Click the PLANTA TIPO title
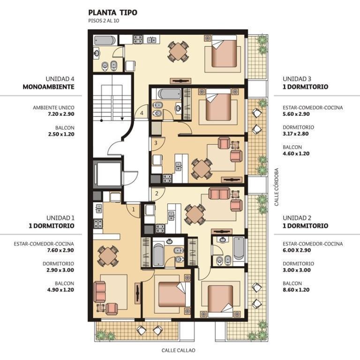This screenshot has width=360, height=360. (112, 12)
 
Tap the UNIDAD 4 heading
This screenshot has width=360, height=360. (60, 79)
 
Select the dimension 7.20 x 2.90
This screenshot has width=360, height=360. (61, 114)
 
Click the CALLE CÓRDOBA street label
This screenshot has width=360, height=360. (277, 187)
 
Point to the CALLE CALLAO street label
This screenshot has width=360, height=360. (179, 350)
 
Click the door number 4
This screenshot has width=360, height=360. (142, 113)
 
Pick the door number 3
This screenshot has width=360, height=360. (156, 143)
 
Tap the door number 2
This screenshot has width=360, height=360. (157, 193)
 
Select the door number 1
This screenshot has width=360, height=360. (134, 210)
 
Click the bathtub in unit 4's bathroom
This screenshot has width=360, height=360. (105, 40)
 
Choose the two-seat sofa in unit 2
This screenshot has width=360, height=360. (219, 193)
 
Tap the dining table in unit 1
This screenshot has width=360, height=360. (108, 256)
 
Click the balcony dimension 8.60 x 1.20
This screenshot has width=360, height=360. (296, 290)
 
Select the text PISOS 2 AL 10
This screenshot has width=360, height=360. (104, 21)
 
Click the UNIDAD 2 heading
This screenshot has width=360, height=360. (297, 218)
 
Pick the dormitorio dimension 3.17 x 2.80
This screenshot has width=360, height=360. (295, 134)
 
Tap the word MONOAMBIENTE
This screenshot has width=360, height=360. (48, 87)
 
